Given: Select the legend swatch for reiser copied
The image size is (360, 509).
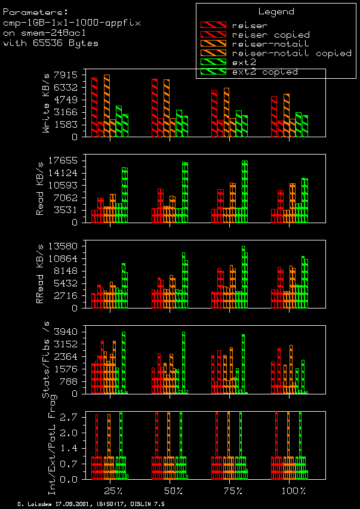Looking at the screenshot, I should [x=214, y=35].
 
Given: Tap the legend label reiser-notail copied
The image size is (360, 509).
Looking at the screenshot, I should [x=291, y=53].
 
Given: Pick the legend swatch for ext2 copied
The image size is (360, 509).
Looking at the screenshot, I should [x=214, y=72].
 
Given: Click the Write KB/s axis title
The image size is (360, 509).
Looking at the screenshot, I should [x=45, y=112].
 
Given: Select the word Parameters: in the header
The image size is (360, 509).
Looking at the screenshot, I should [x=35, y=11].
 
